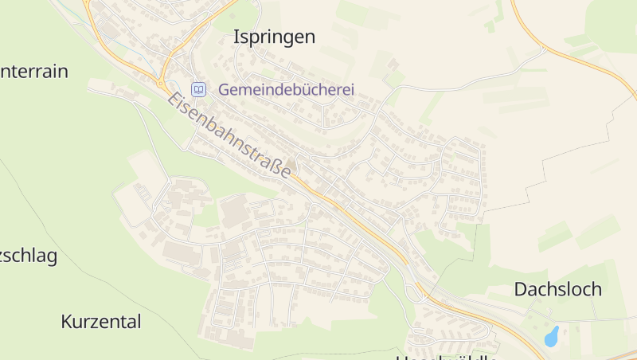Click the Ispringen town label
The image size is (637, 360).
pyautogui.click(x=274, y=37)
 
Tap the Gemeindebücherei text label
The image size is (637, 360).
pyautogui.click(x=286, y=90)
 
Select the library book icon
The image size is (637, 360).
pyautogui.click(x=198, y=89)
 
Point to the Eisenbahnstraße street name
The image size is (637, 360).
pyautogui.click(x=229, y=135)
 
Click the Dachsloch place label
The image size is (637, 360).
pyautogui.click(x=557, y=289)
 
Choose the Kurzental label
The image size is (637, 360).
pyautogui.click(x=101, y=322)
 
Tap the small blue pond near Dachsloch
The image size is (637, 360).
pyautogui.click(x=551, y=336)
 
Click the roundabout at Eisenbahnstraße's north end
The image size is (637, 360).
pyautogui.click(x=162, y=82)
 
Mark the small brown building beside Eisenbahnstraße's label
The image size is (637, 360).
pyautogui.click(x=291, y=164)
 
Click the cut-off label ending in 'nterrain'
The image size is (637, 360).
pyautogui.click(x=34, y=71)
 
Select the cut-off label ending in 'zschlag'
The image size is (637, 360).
pyautogui.click(x=29, y=256)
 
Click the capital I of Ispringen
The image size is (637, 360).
pyautogui.click(x=236, y=37)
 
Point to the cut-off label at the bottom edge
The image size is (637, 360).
pyautogui.click(x=446, y=356)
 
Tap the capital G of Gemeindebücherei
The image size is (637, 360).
pyautogui.click(x=224, y=90)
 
